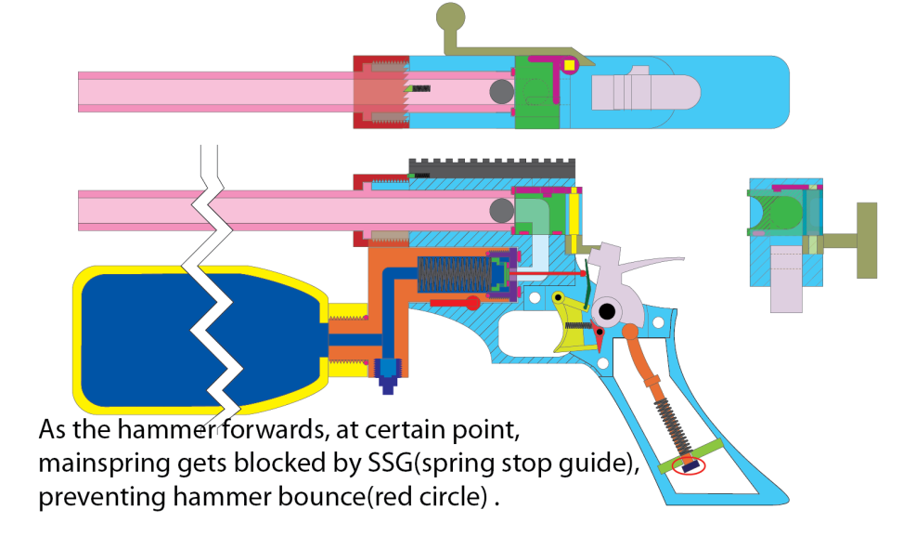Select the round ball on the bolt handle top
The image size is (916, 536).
[x=450, y=16]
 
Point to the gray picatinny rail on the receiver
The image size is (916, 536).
[x=492, y=166]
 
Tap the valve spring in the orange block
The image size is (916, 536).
[x=451, y=277]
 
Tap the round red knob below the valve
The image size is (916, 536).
[x=473, y=303]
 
